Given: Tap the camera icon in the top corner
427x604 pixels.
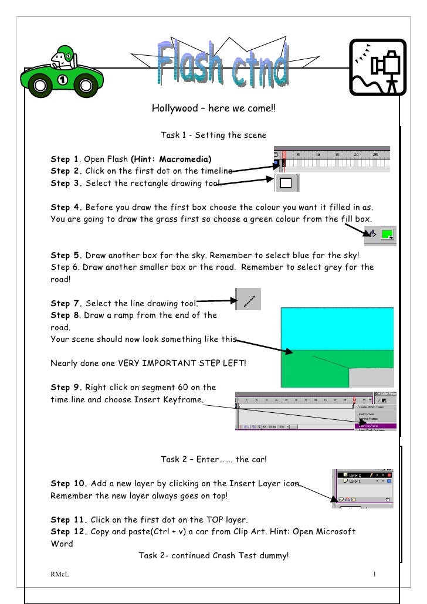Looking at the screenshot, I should click(x=378, y=67).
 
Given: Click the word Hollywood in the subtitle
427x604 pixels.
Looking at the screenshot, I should click(x=174, y=108).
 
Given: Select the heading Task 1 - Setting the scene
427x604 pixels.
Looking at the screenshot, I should click(x=213, y=135).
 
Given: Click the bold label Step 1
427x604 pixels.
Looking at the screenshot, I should click(x=65, y=160).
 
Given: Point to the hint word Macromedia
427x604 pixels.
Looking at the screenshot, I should click(x=185, y=160).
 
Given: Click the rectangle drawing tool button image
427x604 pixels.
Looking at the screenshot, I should click(x=287, y=183).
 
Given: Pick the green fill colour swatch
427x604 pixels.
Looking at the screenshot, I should click(x=387, y=235).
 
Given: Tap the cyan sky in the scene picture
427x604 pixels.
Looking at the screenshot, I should click(x=337, y=328).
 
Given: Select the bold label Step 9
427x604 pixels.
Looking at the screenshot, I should click(x=65, y=388).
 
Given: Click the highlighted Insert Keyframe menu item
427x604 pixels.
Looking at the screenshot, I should click(x=375, y=426).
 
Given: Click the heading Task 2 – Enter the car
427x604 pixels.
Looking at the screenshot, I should click(x=213, y=459).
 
